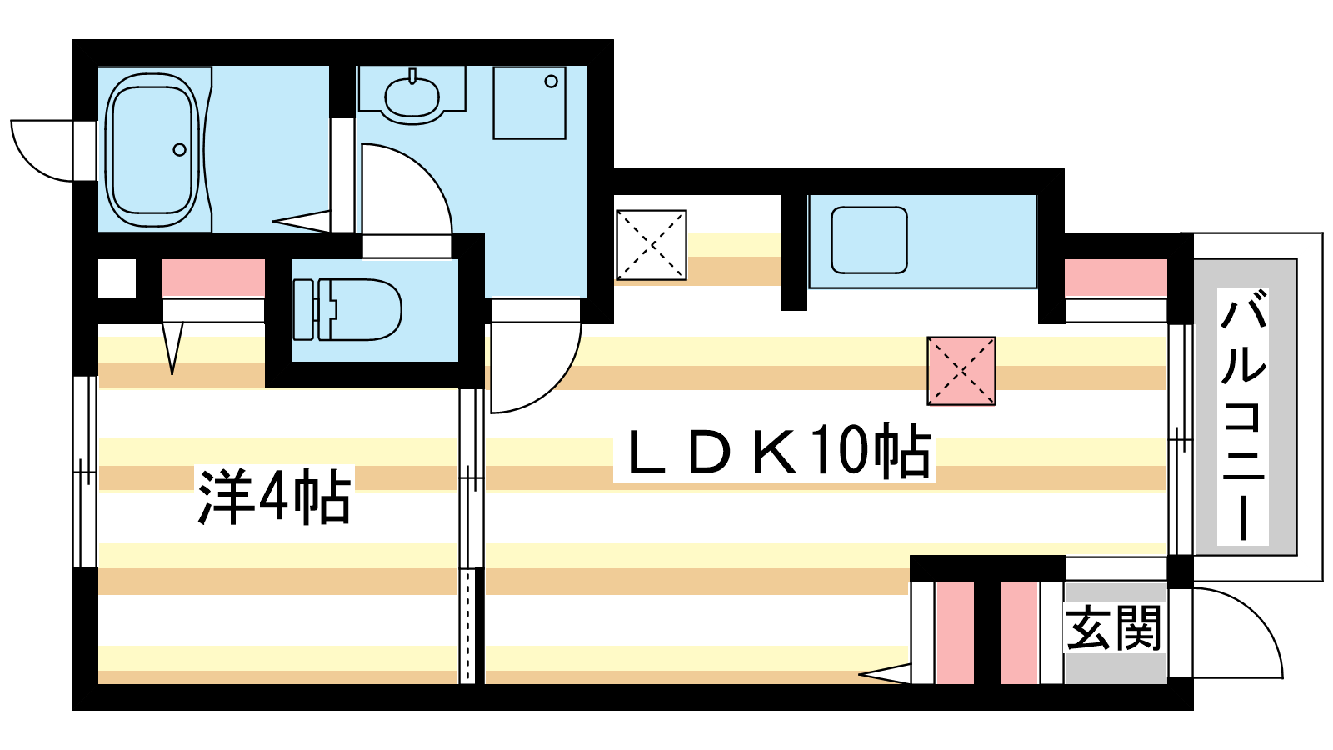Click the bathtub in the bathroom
(152, 150)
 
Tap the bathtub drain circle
(180, 150)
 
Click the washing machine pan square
(529, 102)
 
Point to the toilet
(347, 309)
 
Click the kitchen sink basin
(869, 240)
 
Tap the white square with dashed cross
(651, 245)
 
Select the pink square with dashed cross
(961, 371)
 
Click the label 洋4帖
(275, 497)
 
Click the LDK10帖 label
(774, 451)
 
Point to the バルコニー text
(1242, 416)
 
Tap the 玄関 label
(1113, 628)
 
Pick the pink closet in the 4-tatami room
(213, 278)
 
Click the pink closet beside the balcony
(1116, 278)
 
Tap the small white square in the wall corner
(117, 278)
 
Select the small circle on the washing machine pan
(551, 81)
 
